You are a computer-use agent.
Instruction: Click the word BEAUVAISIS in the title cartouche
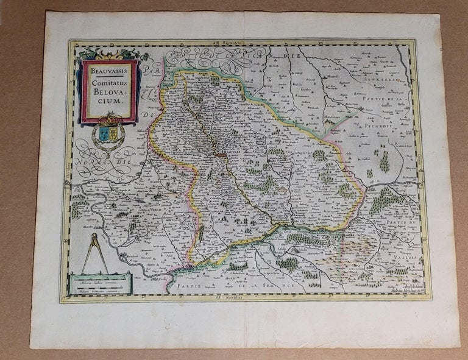[x=110, y=71]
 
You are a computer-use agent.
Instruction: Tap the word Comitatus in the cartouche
[x=110, y=83]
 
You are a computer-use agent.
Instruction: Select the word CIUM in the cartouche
[x=110, y=104]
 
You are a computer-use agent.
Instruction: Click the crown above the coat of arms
[x=110, y=117]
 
